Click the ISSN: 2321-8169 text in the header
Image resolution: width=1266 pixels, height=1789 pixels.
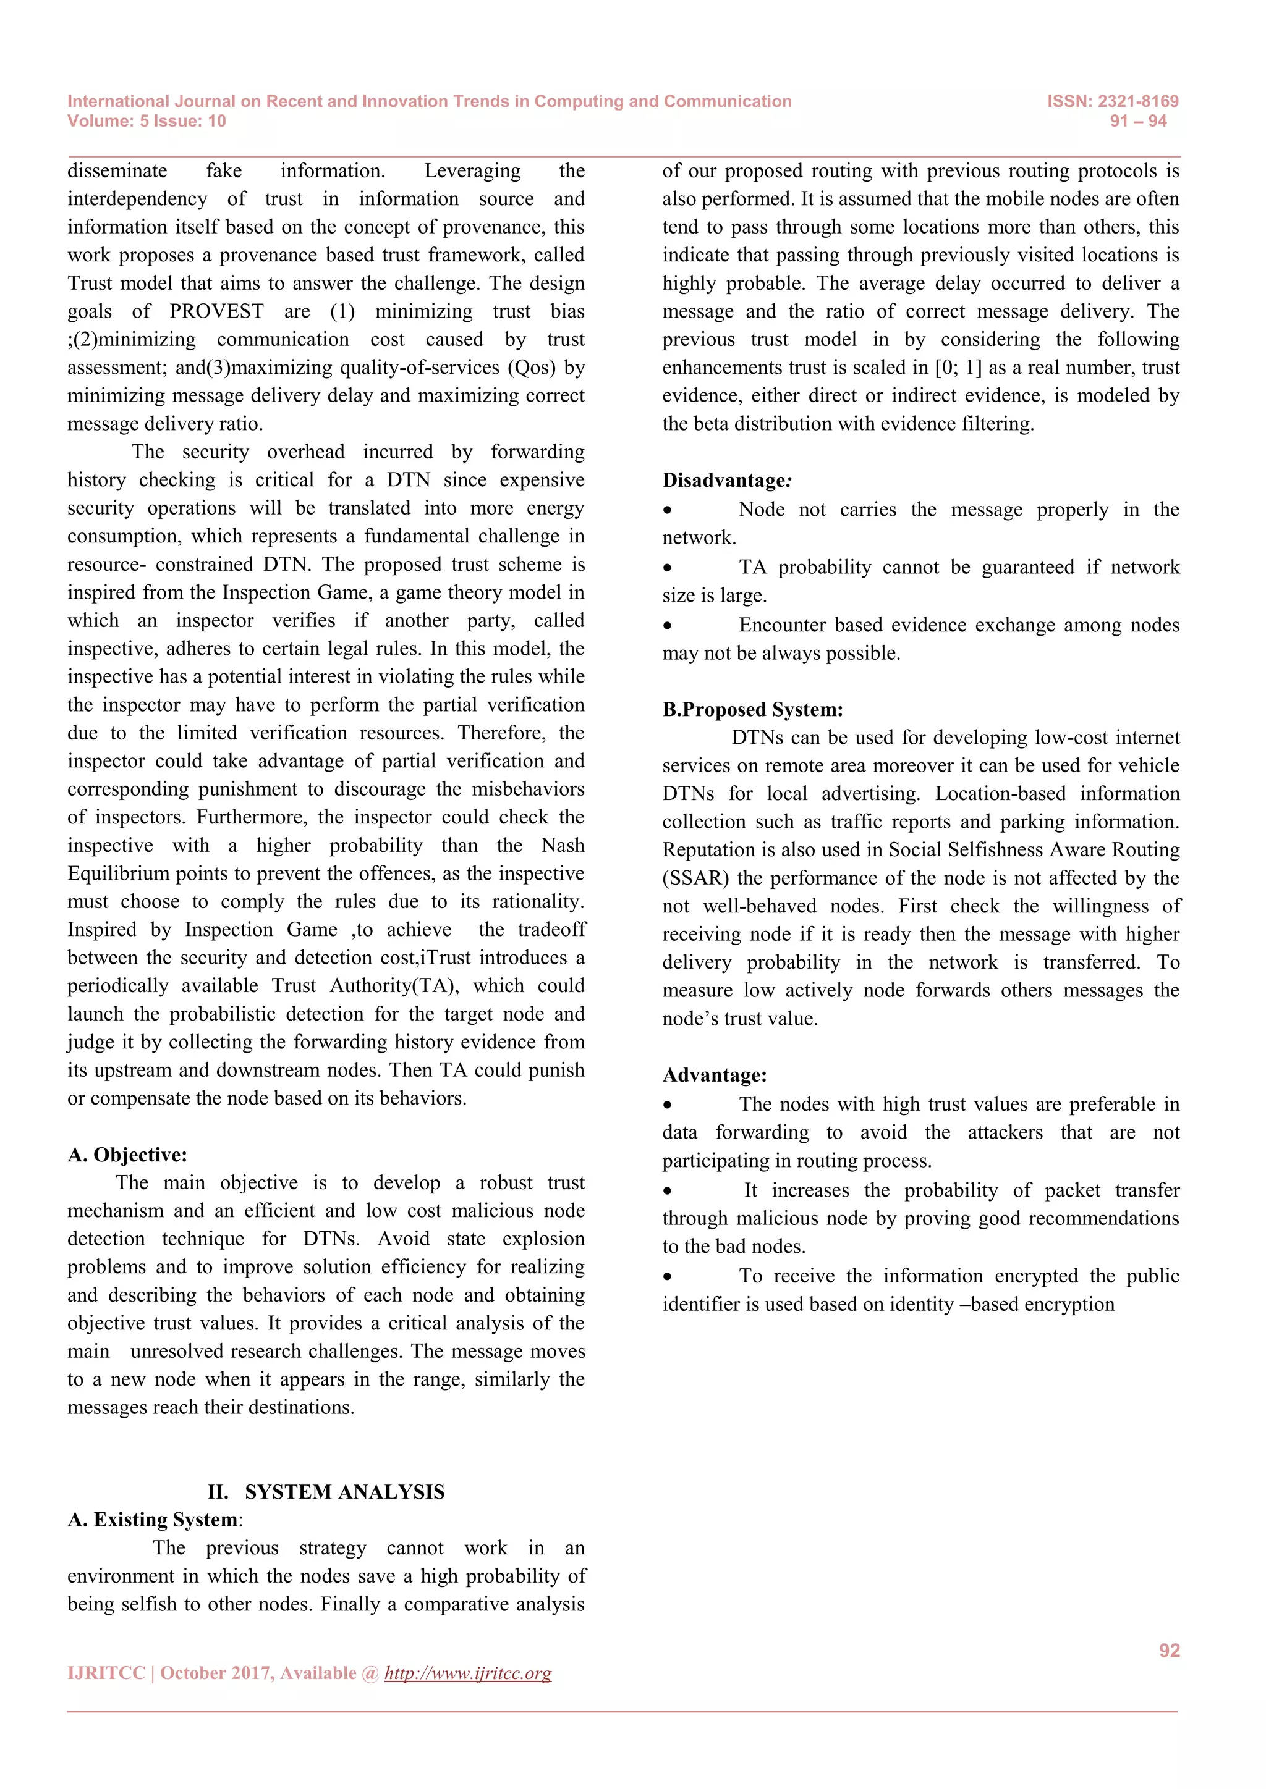(1113, 101)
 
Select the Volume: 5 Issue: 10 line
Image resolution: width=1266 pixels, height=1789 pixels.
(147, 121)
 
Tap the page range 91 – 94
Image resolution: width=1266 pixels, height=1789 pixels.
(1138, 121)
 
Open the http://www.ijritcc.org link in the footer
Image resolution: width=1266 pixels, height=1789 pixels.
(468, 1673)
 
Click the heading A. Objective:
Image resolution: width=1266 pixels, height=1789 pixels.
(127, 1155)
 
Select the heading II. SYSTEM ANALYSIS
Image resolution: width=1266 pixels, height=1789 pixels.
(326, 1491)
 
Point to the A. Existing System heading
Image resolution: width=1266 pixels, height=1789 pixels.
(153, 1520)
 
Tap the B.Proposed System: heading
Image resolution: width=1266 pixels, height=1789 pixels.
(752, 710)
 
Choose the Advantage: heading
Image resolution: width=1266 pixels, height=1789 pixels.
(714, 1076)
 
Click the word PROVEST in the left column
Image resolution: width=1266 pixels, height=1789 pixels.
(217, 312)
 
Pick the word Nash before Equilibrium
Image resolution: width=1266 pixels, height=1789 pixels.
(563, 846)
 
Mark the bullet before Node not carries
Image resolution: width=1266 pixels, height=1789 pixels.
(667, 510)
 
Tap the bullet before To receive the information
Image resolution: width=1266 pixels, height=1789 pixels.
(667, 1277)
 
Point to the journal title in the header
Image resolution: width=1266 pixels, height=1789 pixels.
(429, 101)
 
